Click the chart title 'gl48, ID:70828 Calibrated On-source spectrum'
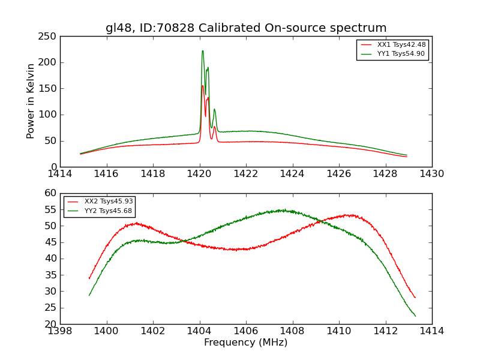coord(246,28)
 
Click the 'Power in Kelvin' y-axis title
coord(31,101)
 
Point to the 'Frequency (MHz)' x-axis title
coord(246,343)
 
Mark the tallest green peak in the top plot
coord(203,51)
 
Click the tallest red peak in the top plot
coord(202,85)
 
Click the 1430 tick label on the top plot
coord(432,173)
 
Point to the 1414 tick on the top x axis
coord(60,173)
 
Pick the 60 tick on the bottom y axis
coord(50,193)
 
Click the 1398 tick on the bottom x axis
coord(60,331)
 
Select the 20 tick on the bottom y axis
coord(50,324)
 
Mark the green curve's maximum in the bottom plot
coord(282,211)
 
